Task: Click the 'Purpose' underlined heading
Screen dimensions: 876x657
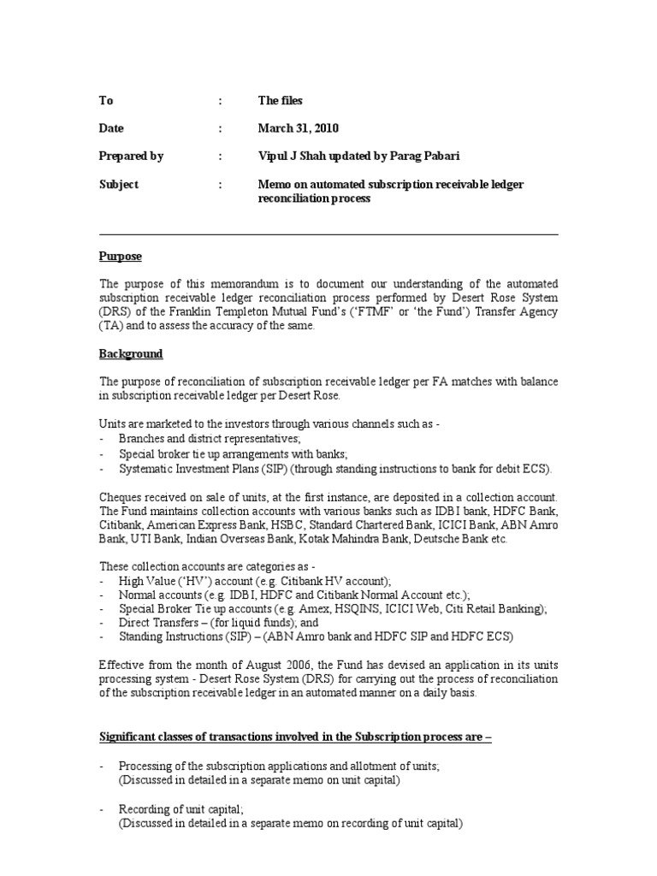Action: [x=121, y=257]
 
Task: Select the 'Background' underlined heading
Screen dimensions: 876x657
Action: [x=131, y=353]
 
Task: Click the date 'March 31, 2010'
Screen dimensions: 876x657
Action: [x=299, y=128]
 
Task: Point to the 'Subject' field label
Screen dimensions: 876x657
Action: [x=118, y=184]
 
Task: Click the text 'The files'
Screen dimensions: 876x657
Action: [x=281, y=100]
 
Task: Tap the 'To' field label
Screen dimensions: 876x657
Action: [x=106, y=100]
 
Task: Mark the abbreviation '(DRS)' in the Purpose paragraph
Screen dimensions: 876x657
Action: [x=115, y=311]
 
